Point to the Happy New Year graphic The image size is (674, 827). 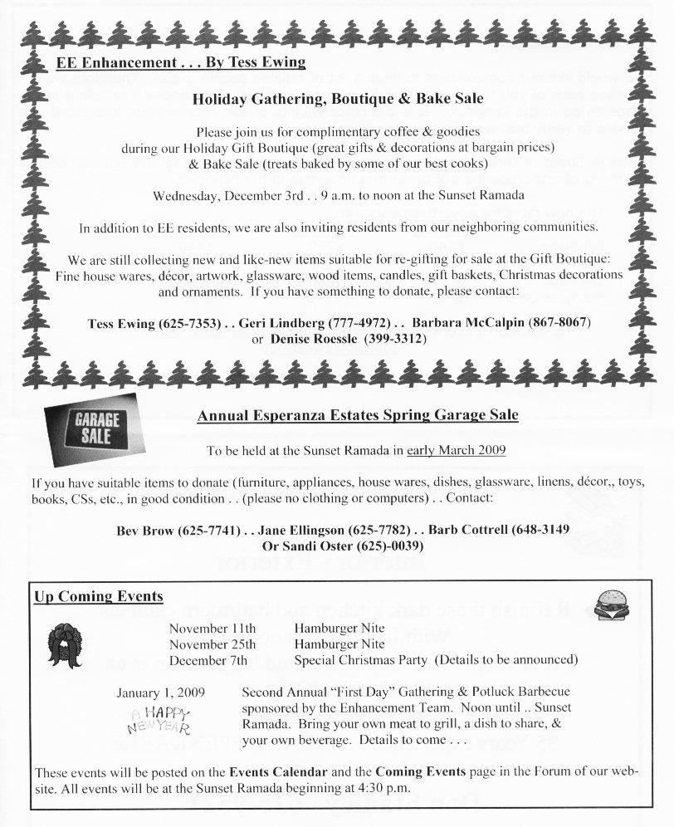pos(159,719)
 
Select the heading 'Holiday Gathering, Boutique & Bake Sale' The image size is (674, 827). pos(338,98)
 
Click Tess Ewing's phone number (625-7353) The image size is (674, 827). pos(191,322)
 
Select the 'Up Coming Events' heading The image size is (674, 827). pos(98,597)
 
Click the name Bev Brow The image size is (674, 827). pos(147,530)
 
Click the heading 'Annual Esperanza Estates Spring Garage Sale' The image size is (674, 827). pos(358,414)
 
